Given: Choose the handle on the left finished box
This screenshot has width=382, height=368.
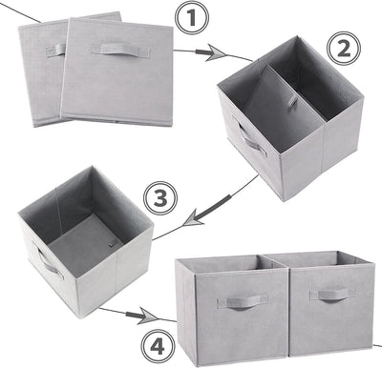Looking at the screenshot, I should coord(235,302).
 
